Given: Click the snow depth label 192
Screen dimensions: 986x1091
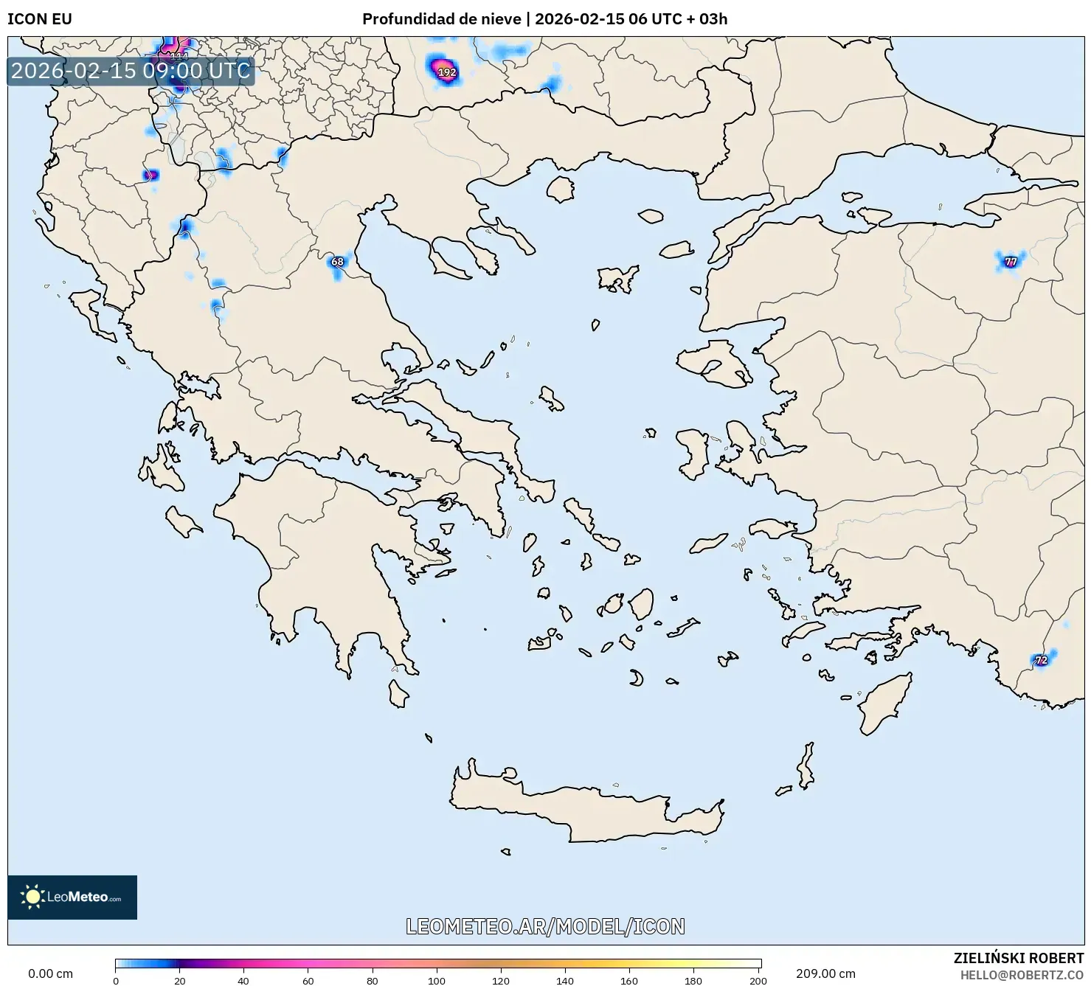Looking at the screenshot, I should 447,72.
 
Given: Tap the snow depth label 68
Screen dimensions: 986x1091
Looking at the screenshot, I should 337,262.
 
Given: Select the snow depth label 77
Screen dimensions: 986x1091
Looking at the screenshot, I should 1011,262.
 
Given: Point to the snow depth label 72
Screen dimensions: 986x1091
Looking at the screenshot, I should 1041,660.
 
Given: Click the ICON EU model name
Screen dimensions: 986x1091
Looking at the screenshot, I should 40,19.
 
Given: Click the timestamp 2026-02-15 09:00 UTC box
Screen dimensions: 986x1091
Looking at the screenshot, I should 131,71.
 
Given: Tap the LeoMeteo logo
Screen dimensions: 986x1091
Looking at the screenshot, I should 72,897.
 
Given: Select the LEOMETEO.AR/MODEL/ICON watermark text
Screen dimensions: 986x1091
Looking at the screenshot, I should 545,926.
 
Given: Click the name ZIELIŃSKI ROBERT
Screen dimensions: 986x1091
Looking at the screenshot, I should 1019,959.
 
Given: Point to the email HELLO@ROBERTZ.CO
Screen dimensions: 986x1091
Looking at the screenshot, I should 1022,975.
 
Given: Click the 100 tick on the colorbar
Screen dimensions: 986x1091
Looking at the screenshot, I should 437,981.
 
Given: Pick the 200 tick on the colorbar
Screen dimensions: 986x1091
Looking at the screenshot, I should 758,981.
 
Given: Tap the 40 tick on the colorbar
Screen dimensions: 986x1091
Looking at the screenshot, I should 243,981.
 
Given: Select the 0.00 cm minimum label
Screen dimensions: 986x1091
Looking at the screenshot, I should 50,973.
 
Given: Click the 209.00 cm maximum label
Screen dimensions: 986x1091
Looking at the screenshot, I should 825,973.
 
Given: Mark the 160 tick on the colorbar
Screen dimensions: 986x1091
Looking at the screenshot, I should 629,981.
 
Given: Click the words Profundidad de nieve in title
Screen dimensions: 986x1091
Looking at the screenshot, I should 441,19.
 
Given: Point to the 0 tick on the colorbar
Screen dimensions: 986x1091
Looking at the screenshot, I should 116,981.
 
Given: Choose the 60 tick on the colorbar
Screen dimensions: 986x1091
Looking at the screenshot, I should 308,981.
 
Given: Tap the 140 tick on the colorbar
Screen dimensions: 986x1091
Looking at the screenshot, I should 565,981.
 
